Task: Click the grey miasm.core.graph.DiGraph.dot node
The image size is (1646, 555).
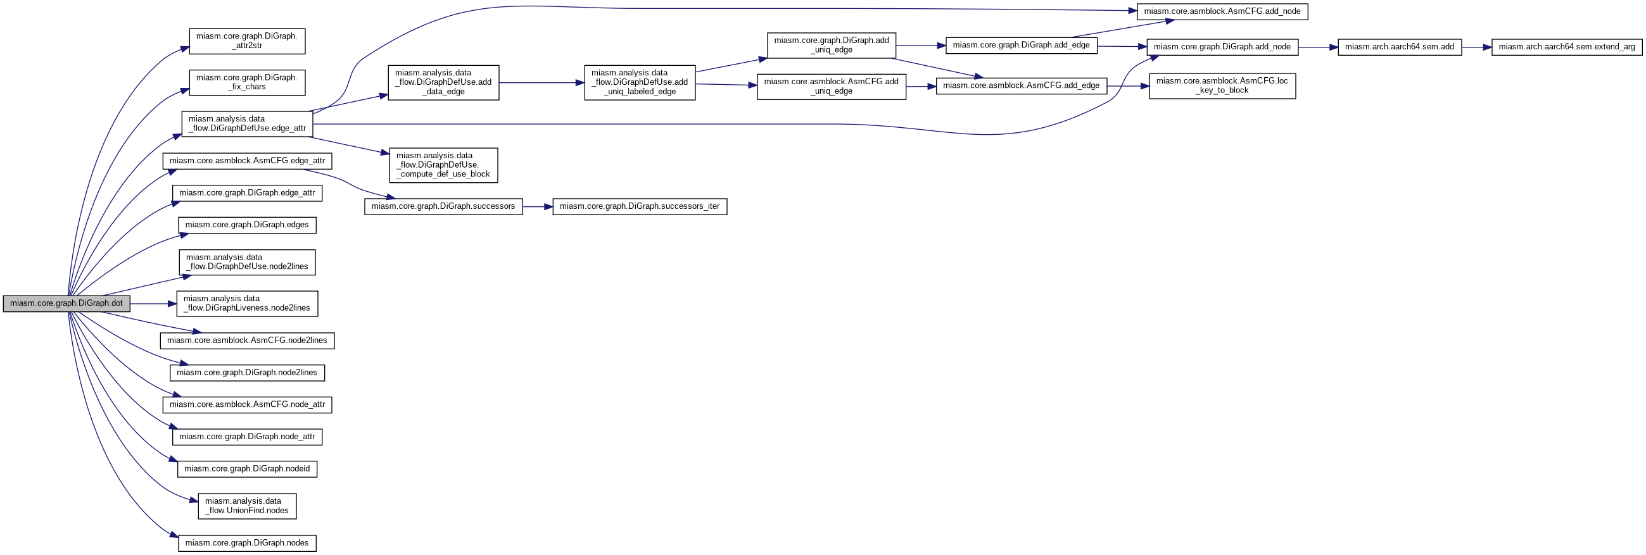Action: click(66, 303)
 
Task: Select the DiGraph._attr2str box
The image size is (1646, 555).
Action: click(246, 41)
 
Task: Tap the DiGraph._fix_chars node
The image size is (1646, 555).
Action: click(246, 82)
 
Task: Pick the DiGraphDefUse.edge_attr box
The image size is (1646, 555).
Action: click(247, 124)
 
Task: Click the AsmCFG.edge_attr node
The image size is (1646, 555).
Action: click(247, 161)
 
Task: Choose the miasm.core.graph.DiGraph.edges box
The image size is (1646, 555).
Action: click(247, 225)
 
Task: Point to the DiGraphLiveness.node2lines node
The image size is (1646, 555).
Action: click(247, 303)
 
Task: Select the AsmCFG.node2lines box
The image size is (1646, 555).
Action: click(247, 340)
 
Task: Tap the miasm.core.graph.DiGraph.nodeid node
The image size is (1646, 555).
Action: click(247, 469)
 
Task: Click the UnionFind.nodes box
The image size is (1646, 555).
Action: click(247, 506)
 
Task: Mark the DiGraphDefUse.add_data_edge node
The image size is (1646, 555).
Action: click(443, 82)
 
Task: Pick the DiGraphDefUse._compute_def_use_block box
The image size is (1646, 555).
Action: click(443, 165)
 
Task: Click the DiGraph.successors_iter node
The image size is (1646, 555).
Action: click(640, 207)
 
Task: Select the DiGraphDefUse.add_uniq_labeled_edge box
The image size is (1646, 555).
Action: click(640, 82)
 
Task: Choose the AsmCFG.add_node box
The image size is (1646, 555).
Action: click(1222, 11)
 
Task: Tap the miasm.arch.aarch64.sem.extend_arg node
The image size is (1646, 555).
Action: click(1567, 47)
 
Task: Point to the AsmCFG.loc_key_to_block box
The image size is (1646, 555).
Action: click(1222, 85)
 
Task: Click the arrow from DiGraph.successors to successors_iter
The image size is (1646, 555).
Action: click(538, 207)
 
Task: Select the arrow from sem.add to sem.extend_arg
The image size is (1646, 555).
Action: click(1477, 47)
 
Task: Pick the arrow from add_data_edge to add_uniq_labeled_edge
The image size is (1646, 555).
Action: click(541, 82)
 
